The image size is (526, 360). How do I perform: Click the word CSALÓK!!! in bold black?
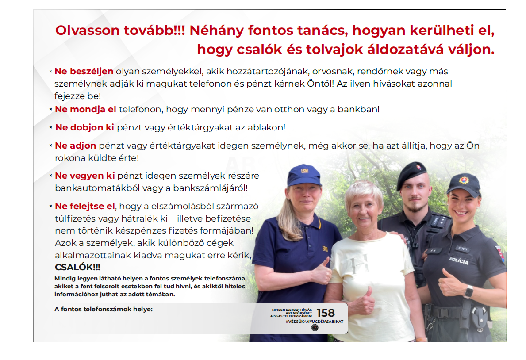77,268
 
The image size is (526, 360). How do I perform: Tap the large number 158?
326,313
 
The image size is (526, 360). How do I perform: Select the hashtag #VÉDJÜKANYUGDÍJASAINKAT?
314,321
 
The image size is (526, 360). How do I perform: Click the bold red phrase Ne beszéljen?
84,71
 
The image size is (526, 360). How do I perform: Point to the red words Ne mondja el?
85,109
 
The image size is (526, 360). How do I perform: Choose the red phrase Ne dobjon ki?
84,128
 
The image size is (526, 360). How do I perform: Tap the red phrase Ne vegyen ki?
84,176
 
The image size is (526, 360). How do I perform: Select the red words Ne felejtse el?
84,206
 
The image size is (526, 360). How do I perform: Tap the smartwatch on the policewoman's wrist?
468,291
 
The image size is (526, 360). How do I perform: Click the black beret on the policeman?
411,174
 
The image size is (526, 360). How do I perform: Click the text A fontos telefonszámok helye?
104,309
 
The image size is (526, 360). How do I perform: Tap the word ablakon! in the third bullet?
269,128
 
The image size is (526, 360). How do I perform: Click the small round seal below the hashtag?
315,328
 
